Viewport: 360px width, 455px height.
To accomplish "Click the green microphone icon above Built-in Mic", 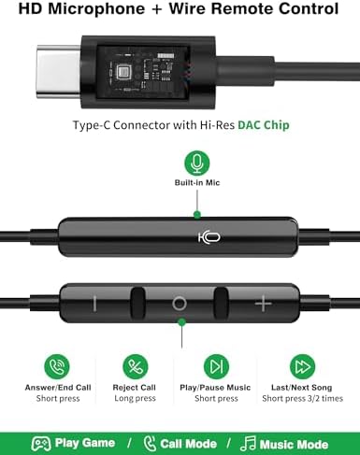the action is (x=197, y=164).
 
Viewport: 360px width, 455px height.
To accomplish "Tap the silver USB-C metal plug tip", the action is (x=59, y=72).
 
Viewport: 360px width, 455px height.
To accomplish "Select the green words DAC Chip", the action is (x=264, y=125).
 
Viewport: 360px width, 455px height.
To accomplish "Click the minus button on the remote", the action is (x=94, y=304).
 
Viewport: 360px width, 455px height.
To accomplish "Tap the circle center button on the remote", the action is (x=180, y=304).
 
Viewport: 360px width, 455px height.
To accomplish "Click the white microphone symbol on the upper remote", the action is (x=209, y=237).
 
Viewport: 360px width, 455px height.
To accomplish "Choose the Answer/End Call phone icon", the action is (x=57, y=366).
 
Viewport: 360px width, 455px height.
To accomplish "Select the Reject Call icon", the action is (x=136, y=366).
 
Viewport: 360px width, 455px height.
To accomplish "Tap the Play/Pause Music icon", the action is (x=216, y=366).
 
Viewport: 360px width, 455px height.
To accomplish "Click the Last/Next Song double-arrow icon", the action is (x=302, y=366).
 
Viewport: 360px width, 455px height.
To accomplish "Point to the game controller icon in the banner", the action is (x=41, y=444).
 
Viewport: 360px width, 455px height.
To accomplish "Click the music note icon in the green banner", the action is (x=248, y=444).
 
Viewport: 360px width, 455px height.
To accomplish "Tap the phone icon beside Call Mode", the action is (x=150, y=444).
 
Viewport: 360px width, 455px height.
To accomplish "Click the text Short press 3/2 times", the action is (x=302, y=399).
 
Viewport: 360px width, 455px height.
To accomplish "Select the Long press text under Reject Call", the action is (x=135, y=399).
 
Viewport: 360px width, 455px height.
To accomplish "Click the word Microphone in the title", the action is (x=96, y=9).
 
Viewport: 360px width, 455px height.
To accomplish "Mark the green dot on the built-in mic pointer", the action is (x=197, y=215).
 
